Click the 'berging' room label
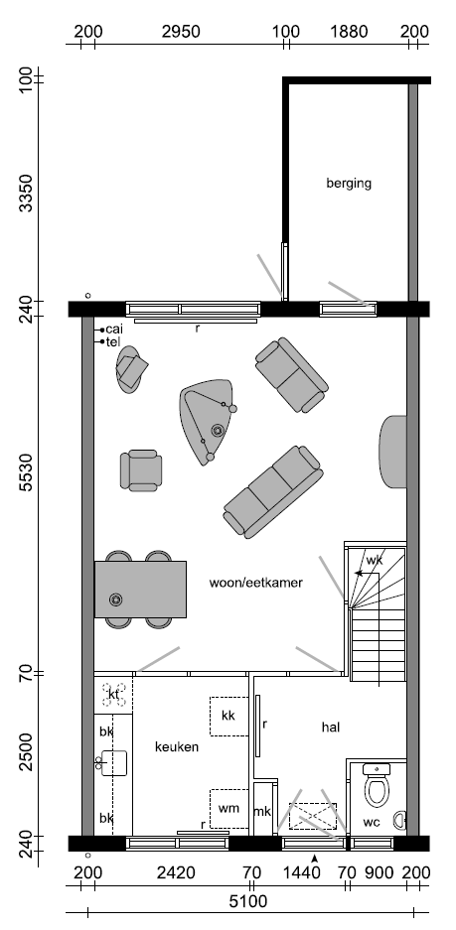tap(349, 184)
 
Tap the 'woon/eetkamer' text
tap(256, 583)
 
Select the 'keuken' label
tap(177, 746)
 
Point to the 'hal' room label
tap(331, 727)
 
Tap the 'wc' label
tap(372, 823)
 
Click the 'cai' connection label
tap(114, 330)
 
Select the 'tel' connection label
tap(113, 341)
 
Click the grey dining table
tap(140, 590)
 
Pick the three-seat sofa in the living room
tap(274, 492)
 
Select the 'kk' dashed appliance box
tap(228, 716)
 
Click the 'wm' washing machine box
tap(228, 808)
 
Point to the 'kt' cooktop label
tap(113, 695)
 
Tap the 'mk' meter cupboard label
tap(262, 811)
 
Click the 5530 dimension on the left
tap(25, 472)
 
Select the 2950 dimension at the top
tap(181, 32)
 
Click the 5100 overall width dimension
tap(248, 902)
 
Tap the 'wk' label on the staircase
tap(375, 560)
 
